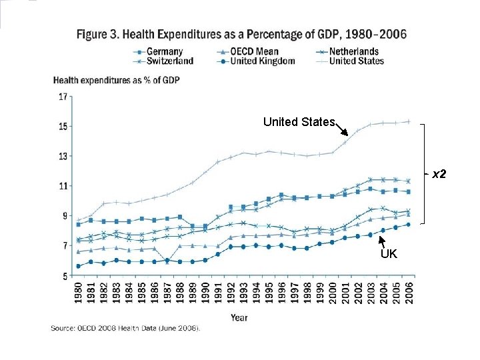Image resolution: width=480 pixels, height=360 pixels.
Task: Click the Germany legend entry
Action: (165, 51)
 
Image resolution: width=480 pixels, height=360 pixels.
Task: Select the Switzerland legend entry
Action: (170, 61)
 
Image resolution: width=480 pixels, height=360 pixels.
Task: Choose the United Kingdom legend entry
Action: (262, 61)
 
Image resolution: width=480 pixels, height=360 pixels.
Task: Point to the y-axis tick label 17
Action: (63, 97)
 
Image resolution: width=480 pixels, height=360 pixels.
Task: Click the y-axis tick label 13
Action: (63, 157)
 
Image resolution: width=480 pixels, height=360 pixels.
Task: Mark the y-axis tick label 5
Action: (65, 275)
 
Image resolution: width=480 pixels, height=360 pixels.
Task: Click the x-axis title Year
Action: (239, 317)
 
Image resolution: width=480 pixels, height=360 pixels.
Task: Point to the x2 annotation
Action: (439, 175)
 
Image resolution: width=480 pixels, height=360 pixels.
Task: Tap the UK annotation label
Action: (389, 254)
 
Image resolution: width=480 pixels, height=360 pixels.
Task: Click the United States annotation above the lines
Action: (299, 122)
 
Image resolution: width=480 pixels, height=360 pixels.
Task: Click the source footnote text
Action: (125, 328)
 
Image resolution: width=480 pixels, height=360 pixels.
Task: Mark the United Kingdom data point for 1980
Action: (79, 266)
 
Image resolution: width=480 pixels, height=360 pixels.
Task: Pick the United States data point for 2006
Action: (408, 121)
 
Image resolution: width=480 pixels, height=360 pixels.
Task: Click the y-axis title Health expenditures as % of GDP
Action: (116, 80)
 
